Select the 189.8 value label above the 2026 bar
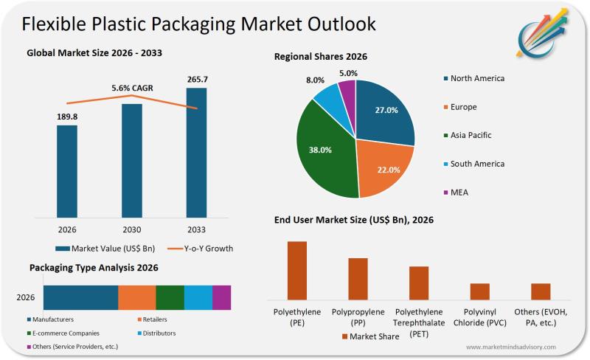click(67, 117)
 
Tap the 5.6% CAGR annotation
click(132, 89)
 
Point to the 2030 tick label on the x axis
click(132, 229)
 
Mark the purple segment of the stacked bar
click(222, 297)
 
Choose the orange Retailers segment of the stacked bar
click(137, 297)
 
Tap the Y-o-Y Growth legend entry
click(198, 249)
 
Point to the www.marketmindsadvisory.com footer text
click(511, 347)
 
